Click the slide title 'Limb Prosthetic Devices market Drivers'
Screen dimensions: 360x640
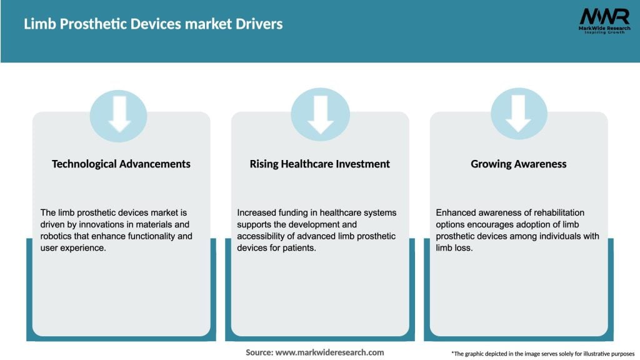point(153,24)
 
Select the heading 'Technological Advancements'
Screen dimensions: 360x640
point(121,164)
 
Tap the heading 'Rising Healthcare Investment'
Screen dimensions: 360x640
point(319,164)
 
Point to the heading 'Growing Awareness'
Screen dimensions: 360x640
point(518,164)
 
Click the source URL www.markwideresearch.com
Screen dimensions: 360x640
point(330,352)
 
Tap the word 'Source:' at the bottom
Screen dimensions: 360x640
point(259,352)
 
